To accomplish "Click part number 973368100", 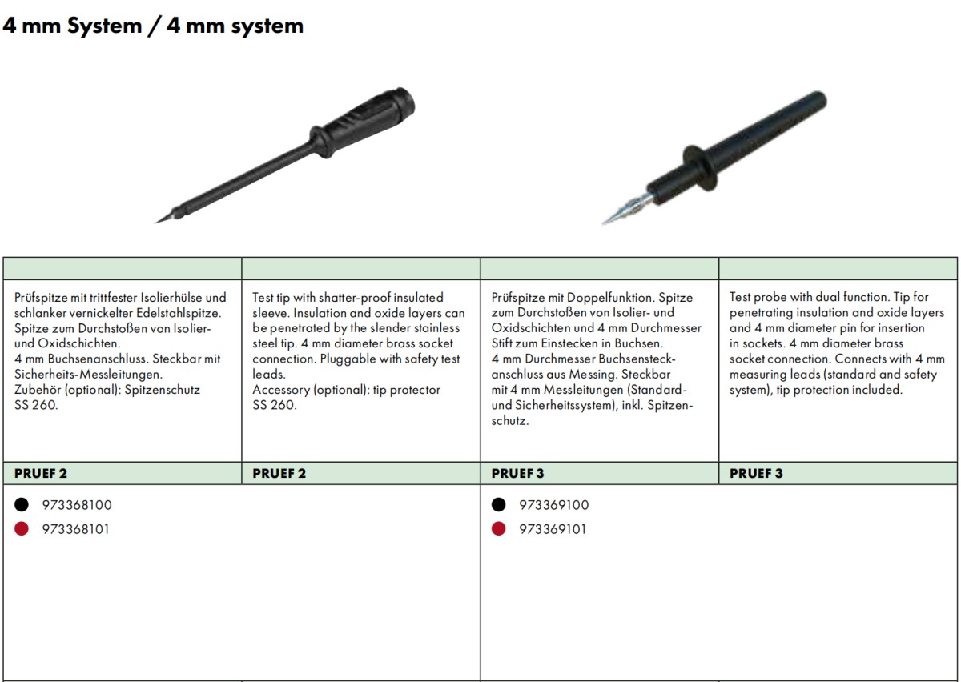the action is (x=77, y=505).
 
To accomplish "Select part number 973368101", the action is (x=75, y=529).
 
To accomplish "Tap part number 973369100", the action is (x=554, y=505).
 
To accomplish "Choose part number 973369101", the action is (x=553, y=529).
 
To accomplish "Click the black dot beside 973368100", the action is (x=22, y=505).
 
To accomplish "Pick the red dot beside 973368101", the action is (x=22, y=529).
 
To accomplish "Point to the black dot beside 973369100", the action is (x=498, y=505).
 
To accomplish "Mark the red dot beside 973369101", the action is (x=498, y=529).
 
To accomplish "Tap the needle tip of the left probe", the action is (x=155, y=223).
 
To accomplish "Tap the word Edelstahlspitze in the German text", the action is (x=179, y=313).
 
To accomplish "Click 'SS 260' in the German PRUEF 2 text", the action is (x=35, y=405).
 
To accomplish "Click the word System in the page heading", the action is (x=105, y=26).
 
